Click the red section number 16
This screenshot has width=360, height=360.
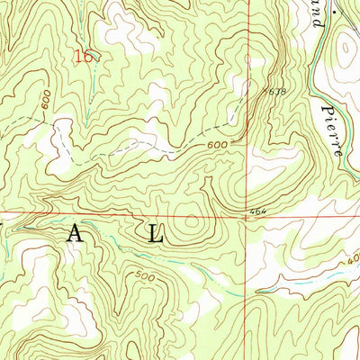pyautogui.click(x=84, y=58)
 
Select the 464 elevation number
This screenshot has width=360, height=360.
pyautogui.click(x=259, y=211)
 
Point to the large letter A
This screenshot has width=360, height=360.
pyautogui.click(x=76, y=236)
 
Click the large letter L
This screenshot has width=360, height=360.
pyautogui.click(x=156, y=236)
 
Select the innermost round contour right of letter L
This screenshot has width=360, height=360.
pyautogui.click(x=192, y=220)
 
